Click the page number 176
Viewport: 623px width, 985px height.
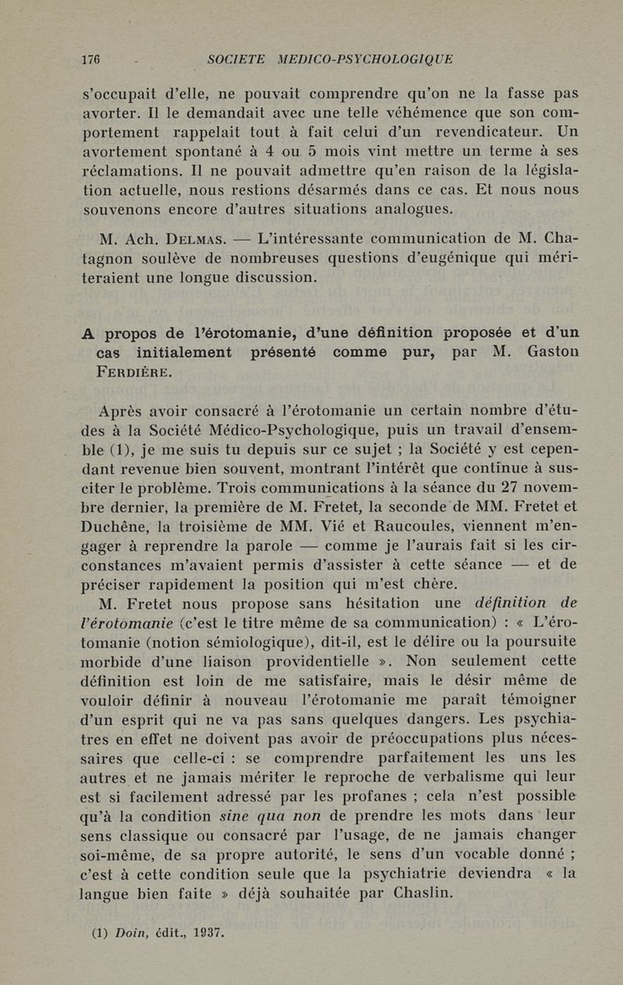coord(93,59)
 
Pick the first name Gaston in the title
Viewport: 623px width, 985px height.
coord(552,351)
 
